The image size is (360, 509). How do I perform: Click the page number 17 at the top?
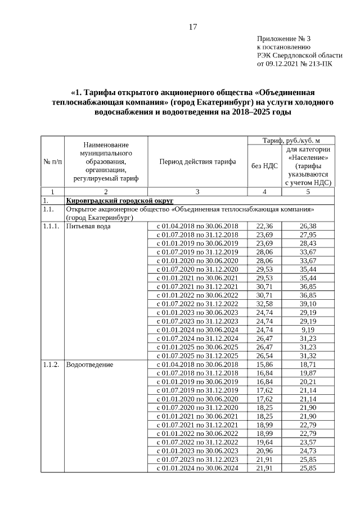[192, 26]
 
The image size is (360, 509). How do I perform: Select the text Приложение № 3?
[283, 39]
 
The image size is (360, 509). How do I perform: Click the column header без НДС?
[263, 166]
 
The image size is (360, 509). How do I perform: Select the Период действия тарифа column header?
[197, 161]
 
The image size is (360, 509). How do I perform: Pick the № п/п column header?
[53, 161]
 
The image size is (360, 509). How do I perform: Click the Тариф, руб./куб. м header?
[291, 139]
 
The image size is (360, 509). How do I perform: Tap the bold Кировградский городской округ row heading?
[119, 201]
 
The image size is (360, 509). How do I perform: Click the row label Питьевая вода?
[88, 226]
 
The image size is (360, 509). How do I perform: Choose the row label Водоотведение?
[90, 364]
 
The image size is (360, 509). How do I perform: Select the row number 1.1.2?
[51, 364]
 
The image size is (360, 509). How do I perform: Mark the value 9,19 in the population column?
[308, 330]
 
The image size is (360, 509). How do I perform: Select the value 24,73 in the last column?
[308, 451]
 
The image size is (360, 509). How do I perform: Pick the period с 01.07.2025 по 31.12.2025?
[197, 355]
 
